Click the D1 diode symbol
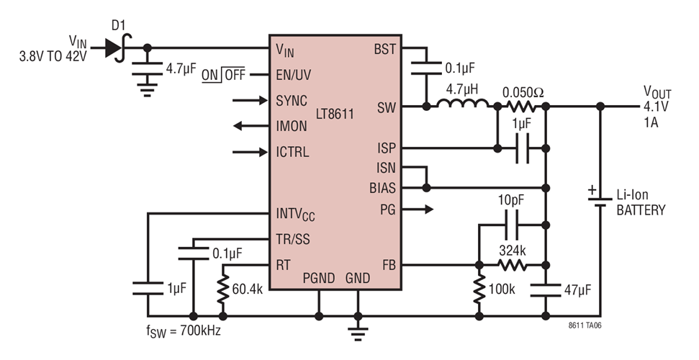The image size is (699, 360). [x=113, y=48]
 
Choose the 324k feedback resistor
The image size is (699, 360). [x=512, y=265]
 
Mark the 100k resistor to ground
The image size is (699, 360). [x=478, y=290]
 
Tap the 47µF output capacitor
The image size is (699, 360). [x=546, y=290]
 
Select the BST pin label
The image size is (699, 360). [x=384, y=49]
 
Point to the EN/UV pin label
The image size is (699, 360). [x=295, y=75]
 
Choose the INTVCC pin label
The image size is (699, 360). [x=295, y=214]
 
